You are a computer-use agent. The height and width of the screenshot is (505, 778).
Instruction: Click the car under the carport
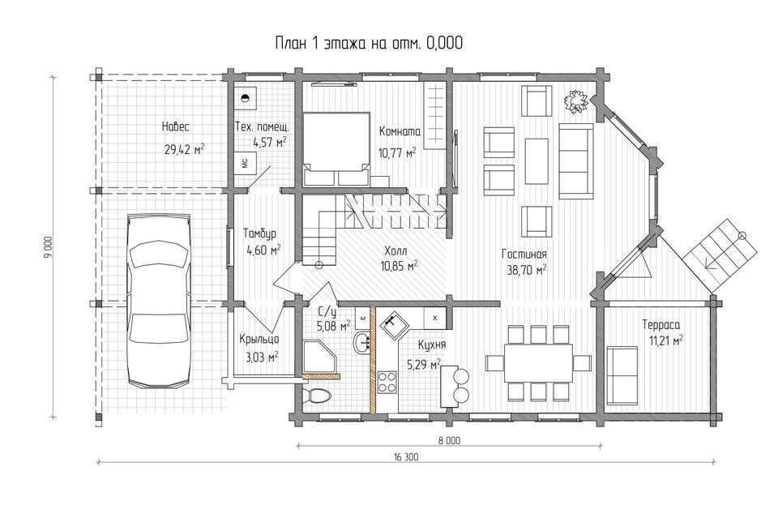coord(160,301)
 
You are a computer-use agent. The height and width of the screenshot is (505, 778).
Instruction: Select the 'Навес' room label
coord(176,127)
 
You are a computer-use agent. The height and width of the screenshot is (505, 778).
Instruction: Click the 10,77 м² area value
coord(397,152)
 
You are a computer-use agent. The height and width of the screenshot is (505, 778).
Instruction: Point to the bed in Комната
coord(336,149)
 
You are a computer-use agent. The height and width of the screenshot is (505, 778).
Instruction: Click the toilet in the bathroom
coord(317,396)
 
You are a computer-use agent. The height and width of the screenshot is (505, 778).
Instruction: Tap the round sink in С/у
coord(362,342)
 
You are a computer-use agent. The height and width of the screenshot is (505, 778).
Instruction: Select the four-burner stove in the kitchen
coord(387,382)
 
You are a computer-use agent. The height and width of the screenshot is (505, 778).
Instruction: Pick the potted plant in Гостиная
coord(575,101)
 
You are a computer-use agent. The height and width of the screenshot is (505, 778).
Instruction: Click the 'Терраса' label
coord(661,325)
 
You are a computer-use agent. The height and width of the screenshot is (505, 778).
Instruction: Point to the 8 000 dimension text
coord(449,440)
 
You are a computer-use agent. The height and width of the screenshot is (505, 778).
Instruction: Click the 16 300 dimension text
coord(406,457)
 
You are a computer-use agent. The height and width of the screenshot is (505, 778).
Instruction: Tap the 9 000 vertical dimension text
coord(48,246)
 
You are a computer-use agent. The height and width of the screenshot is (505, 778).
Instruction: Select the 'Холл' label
coord(395,250)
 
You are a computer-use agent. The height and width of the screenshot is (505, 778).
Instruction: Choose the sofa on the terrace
coord(622,376)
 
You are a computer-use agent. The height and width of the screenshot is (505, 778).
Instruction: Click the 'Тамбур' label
coord(259,233)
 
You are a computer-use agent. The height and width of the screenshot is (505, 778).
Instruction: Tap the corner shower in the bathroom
coord(319,358)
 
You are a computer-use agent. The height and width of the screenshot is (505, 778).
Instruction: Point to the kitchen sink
coord(394,324)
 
